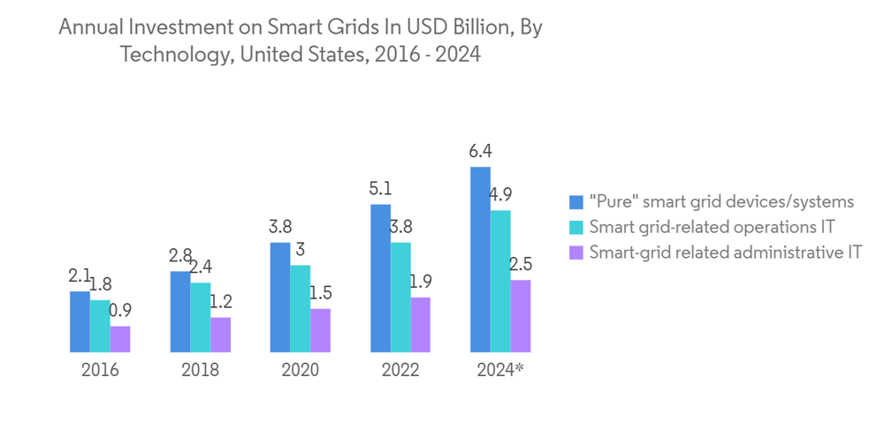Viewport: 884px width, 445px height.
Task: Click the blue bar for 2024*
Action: (x=480, y=260)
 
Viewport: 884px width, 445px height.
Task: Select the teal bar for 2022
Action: (x=400, y=298)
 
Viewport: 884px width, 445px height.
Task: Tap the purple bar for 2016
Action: (x=120, y=340)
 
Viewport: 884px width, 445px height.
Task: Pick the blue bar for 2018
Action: (x=180, y=312)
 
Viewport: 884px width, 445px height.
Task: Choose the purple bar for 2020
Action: (x=320, y=330)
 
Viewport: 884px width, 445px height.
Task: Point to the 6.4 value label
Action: (x=480, y=151)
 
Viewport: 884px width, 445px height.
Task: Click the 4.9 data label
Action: (x=500, y=194)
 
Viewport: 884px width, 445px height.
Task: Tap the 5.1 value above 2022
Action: (x=380, y=188)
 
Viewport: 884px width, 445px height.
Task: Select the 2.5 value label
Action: (x=521, y=264)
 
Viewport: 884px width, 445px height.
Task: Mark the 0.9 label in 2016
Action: (x=120, y=310)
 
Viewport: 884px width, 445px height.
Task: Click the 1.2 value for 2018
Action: (x=220, y=301)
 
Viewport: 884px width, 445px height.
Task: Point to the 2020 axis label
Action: (x=301, y=371)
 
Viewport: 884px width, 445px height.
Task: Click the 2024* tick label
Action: (x=500, y=371)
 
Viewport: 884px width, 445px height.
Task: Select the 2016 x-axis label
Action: (x=100, y=371)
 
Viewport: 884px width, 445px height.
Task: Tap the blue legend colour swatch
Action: (x=576, y=200)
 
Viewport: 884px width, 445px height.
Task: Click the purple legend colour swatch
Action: (x=576, y=252)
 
